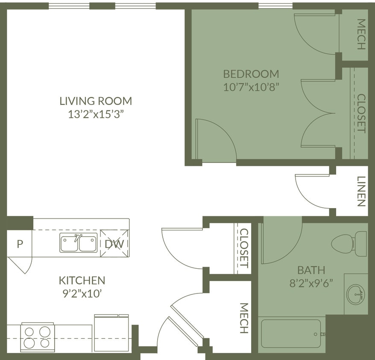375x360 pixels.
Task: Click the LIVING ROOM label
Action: pos(96,101)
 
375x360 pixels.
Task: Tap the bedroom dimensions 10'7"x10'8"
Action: pos(251,87)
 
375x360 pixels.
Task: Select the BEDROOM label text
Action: pos(251,74)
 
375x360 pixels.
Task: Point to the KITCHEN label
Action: pos(82,280)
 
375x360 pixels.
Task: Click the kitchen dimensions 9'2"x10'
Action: pos(82,293)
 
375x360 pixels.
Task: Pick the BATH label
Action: pos(311,270)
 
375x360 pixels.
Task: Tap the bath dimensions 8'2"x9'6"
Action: pos(311,283)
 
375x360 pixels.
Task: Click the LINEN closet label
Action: pos(361,192)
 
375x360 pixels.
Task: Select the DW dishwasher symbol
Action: pos(114,244)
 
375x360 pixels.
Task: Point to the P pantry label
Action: pos(19,244)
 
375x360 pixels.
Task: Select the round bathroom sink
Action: pos(355,294)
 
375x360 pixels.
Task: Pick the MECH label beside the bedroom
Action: pos(361,35)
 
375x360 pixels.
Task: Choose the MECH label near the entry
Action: pos(244,318)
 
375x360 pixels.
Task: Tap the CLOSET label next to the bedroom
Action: pos(361,113)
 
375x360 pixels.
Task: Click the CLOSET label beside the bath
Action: pos(244,248)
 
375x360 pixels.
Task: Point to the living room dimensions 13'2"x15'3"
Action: pos(96,114)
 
